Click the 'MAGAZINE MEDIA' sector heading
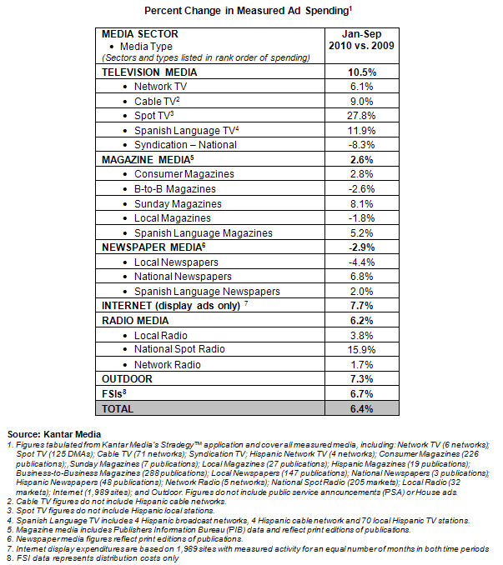pyautogui.click(x=146, y=158)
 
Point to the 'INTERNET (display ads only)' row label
pyautogui.click(x=170, y=306)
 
